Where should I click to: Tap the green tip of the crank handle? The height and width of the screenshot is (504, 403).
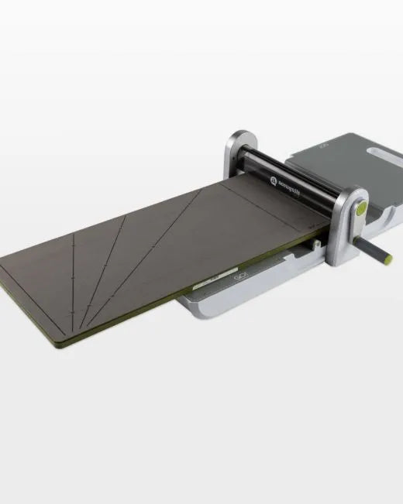[387, 259]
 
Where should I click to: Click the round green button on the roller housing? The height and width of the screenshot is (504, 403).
[361, 207]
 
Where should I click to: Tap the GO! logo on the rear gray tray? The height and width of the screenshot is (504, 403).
[322, 144]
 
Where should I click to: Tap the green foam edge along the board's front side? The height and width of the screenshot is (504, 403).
[155, 310]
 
